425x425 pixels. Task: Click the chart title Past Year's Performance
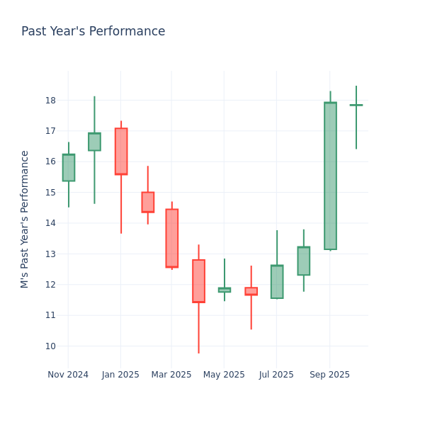pyautogui.click(x=93, y=32)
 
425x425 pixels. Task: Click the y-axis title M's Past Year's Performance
pyautogui.click(x=25, y=219)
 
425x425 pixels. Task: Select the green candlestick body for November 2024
pyautogui.click(x=69, y=168)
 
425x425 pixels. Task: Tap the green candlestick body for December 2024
pyautogui.click(x=94, y=142)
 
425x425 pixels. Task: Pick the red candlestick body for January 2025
pyautogui.click(x=121, y=151)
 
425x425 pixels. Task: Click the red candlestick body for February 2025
pyautogui.click(x=147, y=202)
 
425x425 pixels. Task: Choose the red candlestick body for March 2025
pyautogui.click(x=172, y=238)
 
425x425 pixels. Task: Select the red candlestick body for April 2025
pyautogui.click(x=198, y=281)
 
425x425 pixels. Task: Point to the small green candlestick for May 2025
pyautogui.click(x=225, y=290)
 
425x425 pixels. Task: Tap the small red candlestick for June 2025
pyautogui.click(x=251, y=291)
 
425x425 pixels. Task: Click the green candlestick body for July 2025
pyautogui.click(x=277, y=282)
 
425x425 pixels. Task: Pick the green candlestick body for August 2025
pyautogui.click(x=303, y=261)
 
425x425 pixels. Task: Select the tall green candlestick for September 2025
pyautogui.click(x=330, y=176)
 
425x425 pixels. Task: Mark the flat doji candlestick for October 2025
pyautogui.click(x=356, y=105)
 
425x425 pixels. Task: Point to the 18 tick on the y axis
pyautogui.click(x=51, y=101)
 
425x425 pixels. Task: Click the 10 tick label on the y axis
pyautogui.click(x=51, y=346)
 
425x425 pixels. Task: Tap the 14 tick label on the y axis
pyautogui.click(x=51, y=223)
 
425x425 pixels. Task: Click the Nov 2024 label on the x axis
pyautogui.click(x=68, y=375)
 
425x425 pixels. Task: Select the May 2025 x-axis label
pyautogui.click(x=225, y=375)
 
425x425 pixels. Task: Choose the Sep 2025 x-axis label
pyautogui.click(x=329, y=375)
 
